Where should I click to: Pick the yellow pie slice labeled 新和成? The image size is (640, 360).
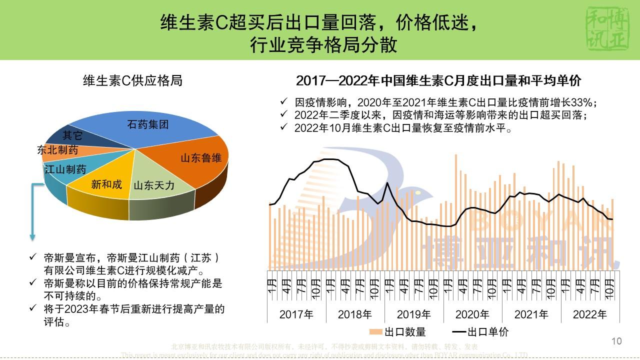(x=107, y=184)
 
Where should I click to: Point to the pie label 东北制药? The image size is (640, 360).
(x=57, y=150)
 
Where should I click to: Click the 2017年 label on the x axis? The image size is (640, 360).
(x=296, y=314)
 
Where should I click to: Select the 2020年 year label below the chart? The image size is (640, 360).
(x=472, y=314)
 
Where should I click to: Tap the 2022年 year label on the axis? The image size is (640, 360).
(x=590, y=314)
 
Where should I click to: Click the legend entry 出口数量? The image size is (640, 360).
(x=398, y=332)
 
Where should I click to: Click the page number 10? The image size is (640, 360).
(x=616, y=341)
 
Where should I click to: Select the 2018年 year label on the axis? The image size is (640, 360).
(x=355, y=314)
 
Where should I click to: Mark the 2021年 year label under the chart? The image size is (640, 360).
(x=531, y=314)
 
